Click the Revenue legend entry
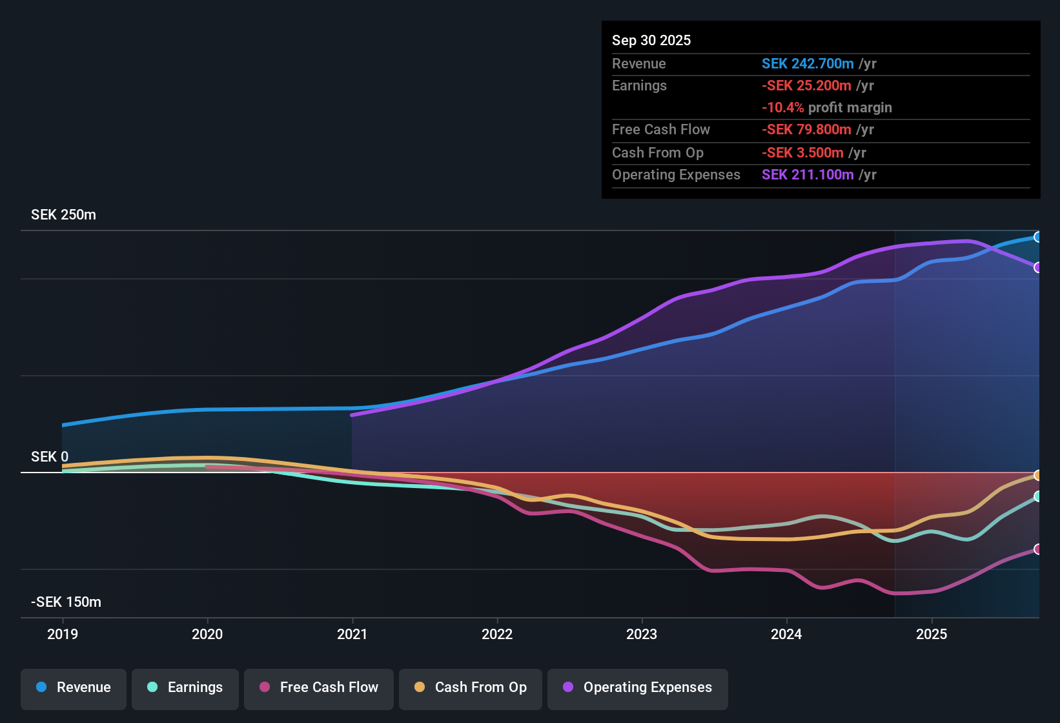(74, 687)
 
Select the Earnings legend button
(185, 687)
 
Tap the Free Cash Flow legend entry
(319, 687)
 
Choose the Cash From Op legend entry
(471, 687)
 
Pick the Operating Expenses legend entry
(638, 687)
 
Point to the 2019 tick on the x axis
(63, 634)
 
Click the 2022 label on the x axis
(497, 634)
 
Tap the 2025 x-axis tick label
(932, 634)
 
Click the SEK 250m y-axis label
(63, 215)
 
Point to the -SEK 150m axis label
(66, 602)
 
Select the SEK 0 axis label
(50, 457)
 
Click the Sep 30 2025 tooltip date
(651, 41)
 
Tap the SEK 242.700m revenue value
(808, 64)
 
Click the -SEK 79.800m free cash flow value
(806, 130)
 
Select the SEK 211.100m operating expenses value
(808, 175)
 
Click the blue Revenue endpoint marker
(1037, 237)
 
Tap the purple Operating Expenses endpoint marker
(1037, 267)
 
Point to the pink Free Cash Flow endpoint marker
(1037, 549)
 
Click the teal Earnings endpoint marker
(1037, 496)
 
